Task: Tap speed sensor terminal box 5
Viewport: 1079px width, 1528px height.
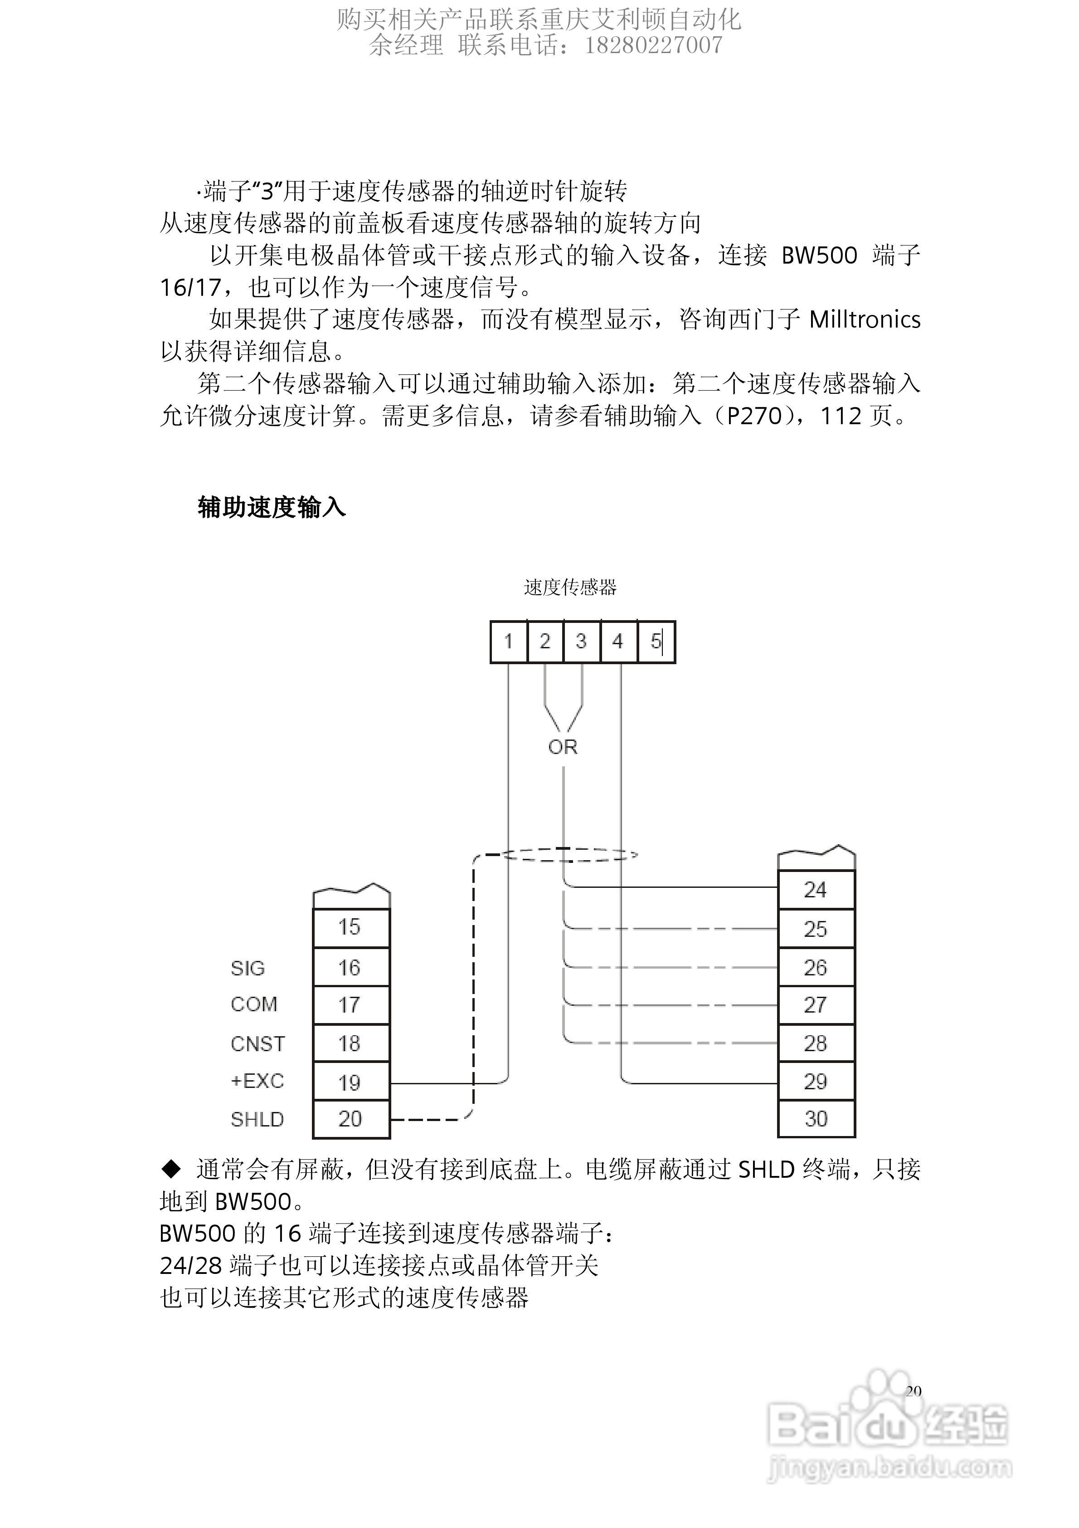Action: click(x=656, y=642)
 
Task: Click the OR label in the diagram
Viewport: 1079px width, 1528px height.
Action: click(x=563, y=747)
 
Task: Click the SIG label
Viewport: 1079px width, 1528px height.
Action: click(x=248, y=968)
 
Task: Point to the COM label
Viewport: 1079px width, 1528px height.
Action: click(x=253, y=1004)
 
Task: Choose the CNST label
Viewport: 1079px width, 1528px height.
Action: click(x=258, y=1043)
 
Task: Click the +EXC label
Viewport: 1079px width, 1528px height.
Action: click(x=257, y=1081)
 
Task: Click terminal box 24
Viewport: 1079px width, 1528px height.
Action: click(x=816, y=890)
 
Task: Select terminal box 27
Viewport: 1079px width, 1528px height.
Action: click(x=816, y=1005)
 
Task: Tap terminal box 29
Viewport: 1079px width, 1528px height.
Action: click(x=816, y=1082)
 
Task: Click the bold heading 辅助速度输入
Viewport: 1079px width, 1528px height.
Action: click(x=272, y=508)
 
